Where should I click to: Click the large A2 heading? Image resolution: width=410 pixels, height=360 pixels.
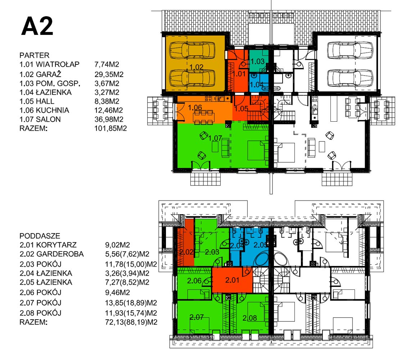coord(37,26)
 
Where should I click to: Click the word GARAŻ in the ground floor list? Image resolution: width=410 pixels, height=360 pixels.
coord(48,74)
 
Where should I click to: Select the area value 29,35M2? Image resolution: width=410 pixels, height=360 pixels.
coord(109,75)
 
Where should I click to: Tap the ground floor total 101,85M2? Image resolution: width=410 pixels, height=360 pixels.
coord(111,129)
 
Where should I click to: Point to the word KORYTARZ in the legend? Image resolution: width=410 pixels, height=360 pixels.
coord(56,245)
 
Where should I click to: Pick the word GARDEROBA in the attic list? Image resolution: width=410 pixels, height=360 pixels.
coord(60,254)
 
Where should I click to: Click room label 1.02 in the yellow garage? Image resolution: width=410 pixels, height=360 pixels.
coord(196,67)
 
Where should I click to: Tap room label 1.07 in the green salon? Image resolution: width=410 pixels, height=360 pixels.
coord(215,138)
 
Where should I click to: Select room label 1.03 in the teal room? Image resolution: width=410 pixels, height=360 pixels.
coord(258,62)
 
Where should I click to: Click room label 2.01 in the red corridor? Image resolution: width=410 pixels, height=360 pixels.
coord(232,280)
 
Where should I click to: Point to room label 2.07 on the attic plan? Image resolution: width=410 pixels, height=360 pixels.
coord(197,317)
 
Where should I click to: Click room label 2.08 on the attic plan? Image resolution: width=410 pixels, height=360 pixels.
coord(249,318)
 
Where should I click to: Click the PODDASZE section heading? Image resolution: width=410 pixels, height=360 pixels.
coord(40,236)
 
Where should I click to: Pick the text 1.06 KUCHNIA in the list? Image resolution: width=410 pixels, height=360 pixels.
coord(44,110)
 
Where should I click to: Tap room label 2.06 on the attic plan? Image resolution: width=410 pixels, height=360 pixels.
coord(194,281)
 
